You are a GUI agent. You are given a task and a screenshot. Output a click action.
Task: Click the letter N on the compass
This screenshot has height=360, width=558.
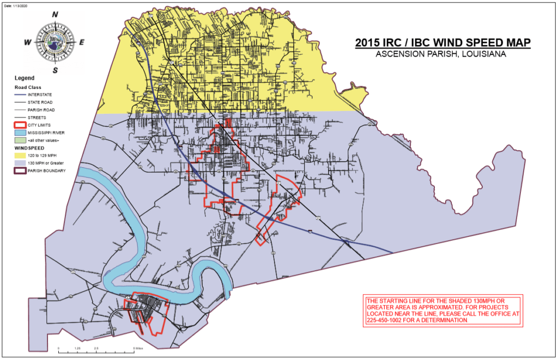55,15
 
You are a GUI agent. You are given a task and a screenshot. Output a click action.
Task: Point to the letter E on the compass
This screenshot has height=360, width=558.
82,42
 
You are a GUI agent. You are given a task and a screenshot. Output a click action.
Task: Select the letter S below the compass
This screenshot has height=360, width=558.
55,70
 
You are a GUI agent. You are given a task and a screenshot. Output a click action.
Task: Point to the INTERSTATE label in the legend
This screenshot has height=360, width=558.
39,94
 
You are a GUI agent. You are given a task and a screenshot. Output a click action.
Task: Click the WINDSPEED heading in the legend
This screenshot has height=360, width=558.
29,147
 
